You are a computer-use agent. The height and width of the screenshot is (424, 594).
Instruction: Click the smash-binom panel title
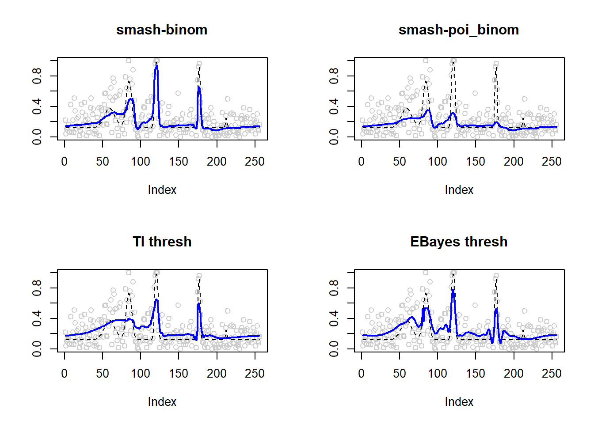(x=162, y=30)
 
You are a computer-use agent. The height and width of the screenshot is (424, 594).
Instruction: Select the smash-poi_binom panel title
(x=459, y=30)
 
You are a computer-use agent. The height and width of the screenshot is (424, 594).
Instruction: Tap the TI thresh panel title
(x=162, y=242)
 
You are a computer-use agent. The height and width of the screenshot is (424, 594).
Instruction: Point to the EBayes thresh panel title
(x=459, y=242)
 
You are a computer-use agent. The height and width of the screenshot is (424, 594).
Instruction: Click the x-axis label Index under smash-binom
(x=162, y=190)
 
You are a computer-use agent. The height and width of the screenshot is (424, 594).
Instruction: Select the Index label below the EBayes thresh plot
(x=459, y=402)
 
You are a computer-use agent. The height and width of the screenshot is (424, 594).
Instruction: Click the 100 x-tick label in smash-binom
(x=141, y=162)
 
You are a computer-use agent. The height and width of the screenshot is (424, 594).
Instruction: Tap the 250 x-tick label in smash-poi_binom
(x=552, y=162)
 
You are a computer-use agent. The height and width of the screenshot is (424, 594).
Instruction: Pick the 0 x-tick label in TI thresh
(x=65, y=374)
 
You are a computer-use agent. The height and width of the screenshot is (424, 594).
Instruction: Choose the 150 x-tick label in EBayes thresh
(x=476, y=374)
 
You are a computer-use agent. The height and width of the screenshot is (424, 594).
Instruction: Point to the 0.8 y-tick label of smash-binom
(x=37, y=76)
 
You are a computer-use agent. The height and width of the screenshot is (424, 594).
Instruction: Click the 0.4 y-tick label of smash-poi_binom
(x=334, y=106)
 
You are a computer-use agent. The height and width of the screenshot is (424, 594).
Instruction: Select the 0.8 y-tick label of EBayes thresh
(x=334, y=288)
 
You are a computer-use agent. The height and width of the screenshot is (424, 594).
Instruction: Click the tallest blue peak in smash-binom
(x=156, y=66)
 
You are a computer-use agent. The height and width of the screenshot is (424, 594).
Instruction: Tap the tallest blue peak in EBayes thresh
(x=453, y=291)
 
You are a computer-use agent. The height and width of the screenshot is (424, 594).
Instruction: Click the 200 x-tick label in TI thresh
(x=217, y=374)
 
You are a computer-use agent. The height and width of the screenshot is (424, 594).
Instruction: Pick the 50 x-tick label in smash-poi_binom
(x=400, y=162)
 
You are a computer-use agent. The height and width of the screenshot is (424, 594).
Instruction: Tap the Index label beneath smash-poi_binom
(x=459, y=190)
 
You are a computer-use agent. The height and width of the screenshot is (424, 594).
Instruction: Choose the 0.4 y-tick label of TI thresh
(x=37, y=318)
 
